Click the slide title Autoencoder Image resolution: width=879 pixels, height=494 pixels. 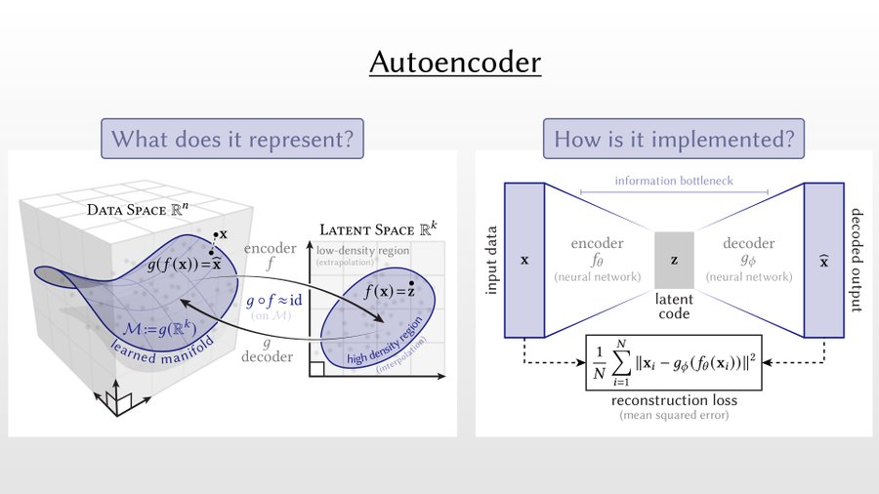tap(455, 63)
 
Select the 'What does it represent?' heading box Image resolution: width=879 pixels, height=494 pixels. tap(232, 139)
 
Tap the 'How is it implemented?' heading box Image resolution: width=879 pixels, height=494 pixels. tap(674, 139)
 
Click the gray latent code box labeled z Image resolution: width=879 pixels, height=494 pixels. tap(674, 261)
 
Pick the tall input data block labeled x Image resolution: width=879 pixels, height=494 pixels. tap(524, 261)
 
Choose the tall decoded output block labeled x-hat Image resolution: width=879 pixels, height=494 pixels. tap(823, 261)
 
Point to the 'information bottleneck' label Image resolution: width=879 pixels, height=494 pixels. tap(674, 181)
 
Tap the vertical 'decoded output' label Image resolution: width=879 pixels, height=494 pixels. tap(857, 261)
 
